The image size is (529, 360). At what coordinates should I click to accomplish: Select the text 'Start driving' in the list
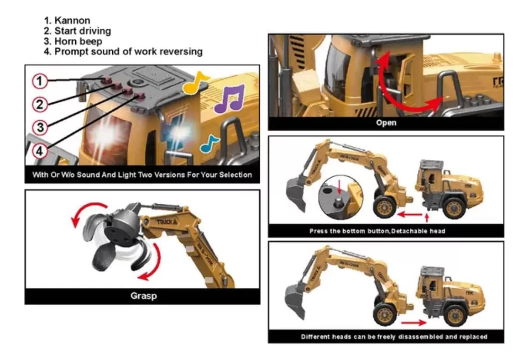coord(82,31)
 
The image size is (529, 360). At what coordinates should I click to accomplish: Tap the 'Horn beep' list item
coord(78,42)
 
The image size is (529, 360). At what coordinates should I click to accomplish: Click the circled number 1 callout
coord(40,81)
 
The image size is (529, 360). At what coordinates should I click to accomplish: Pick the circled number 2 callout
coord(40,104)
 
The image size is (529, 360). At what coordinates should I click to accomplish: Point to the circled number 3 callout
coord(40,128)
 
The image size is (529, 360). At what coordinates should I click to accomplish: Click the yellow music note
coord(194,84)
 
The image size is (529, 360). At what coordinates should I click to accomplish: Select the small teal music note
coord(210,144)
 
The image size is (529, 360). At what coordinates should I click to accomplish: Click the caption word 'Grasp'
coord(143,296)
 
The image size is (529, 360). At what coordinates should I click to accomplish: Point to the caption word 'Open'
coord(386,123)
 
